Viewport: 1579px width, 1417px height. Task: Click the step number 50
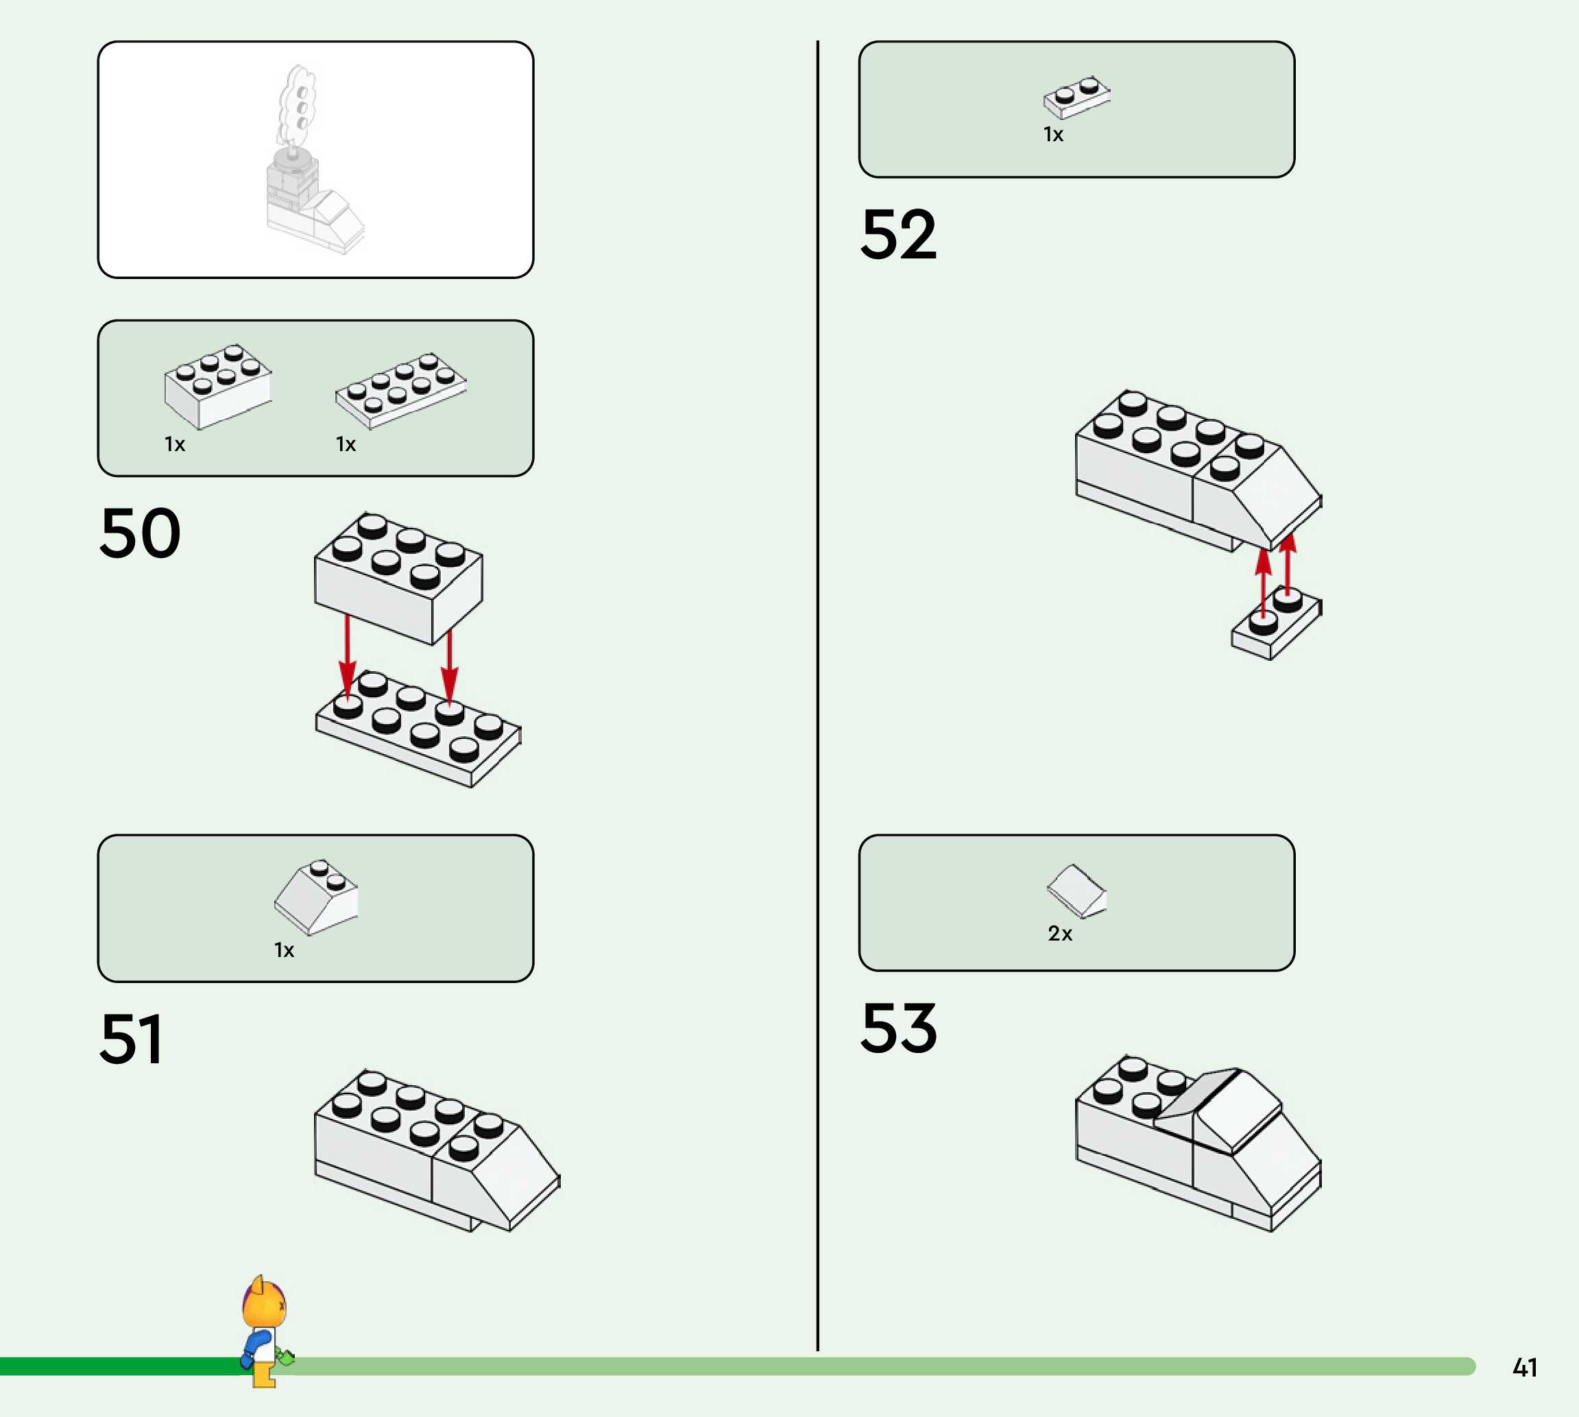coord(140,533)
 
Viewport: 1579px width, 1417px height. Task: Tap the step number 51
coord(131,1039)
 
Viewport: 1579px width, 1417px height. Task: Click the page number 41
coord(1525,1368)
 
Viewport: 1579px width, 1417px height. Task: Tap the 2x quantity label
coord(1060,934)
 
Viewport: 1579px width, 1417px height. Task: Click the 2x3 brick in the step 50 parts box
coord(218,385)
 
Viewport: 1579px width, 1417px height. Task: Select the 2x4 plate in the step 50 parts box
coord(401,390)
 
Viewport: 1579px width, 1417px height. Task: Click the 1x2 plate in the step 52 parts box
coord(1077,97)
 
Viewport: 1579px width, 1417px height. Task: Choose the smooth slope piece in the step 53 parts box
coord(1077,890)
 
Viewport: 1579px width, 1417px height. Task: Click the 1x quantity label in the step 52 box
coord(1052,134)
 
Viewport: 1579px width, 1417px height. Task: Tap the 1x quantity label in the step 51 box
coord(283,950)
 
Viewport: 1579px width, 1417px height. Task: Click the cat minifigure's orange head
coord(264,1306)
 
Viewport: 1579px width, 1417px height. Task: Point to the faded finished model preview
coord(311,163)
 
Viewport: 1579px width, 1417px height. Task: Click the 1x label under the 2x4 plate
coord(345,444)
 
